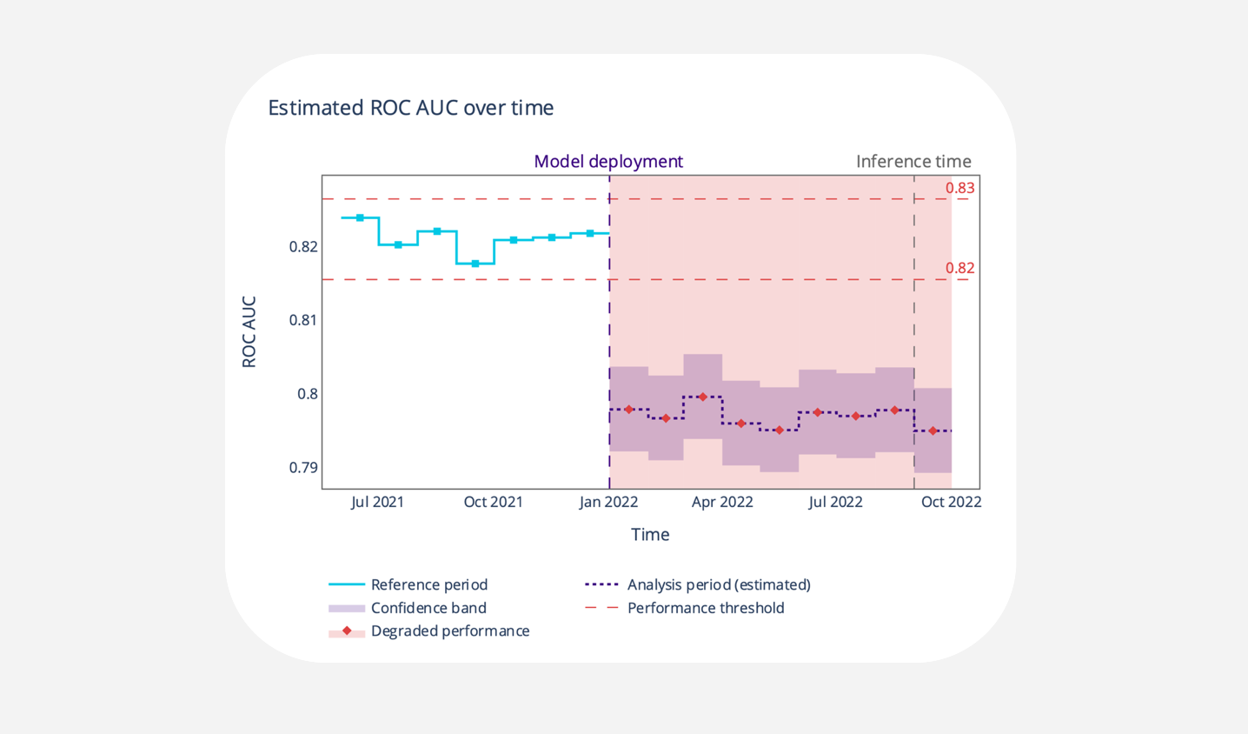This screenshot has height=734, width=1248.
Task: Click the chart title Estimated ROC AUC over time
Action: pos(410,108)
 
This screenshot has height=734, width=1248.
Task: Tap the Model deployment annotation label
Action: pos(608,162)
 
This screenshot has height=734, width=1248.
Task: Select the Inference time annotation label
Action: pos(913,162)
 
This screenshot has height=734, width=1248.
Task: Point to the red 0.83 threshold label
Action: pos(959,188)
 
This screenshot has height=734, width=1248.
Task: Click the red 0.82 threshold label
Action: pos(959,268)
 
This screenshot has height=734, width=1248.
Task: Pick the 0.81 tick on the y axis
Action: pos(303,320)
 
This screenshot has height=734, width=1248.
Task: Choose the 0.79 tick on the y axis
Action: pos(303,468)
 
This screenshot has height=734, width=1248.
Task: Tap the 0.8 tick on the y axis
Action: pos(308,394)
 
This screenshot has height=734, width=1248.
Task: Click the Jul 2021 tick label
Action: pos(377,502)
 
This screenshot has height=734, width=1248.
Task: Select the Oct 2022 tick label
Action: pos(951,502)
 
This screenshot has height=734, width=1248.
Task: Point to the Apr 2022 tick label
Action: pos(721,502)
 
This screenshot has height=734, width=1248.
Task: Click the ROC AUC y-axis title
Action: pos(249,332)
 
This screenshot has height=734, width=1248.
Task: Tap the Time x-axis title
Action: pos(650,535)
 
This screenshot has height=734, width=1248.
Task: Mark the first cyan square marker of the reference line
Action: pos(360,217)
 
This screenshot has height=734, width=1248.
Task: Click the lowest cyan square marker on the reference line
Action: pos(475,264)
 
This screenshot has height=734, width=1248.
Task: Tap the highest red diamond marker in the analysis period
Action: pos(703,397)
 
